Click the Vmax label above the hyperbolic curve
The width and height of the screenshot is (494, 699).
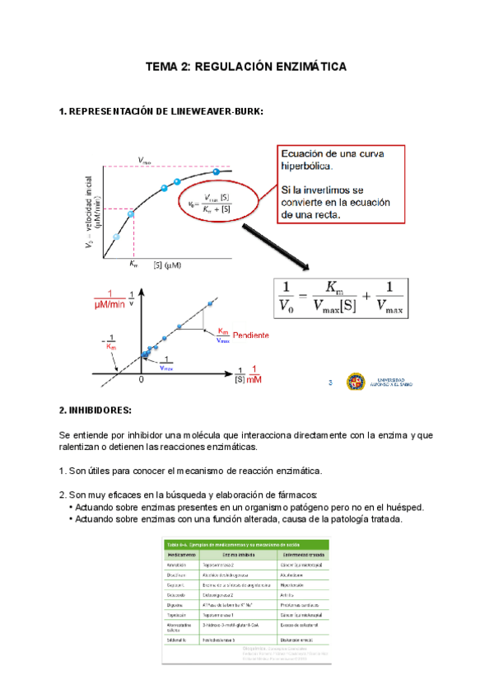[x=145, y=162]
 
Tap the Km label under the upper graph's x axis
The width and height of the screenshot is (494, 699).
[x=134, y=265]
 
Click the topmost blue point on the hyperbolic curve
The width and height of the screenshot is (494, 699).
[x=217, y=172]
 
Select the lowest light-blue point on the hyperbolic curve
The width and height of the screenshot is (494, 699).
[x=116, y=237]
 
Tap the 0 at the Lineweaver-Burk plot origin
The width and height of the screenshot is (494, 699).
[x=142, y=381]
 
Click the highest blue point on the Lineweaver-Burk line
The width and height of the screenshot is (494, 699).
[x=211, y=304]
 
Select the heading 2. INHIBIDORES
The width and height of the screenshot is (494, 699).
[x=96, y=410]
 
